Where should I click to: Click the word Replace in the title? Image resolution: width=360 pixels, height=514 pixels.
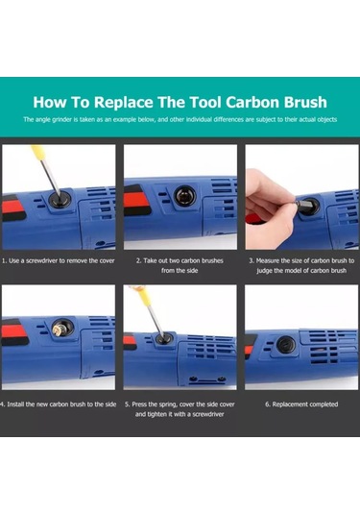point(124,102)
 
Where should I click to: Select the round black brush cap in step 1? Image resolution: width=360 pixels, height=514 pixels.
point(59,199)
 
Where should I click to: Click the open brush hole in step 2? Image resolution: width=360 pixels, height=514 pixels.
point(184,197)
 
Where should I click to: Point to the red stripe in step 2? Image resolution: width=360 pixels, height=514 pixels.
point(137,202)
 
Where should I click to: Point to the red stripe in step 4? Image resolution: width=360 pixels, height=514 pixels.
point(13,331)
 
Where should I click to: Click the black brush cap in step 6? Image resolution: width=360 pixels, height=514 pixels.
point(286,344)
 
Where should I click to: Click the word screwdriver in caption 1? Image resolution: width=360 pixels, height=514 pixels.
point(41,261)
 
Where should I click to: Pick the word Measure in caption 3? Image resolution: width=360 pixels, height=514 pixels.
point(268,261)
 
